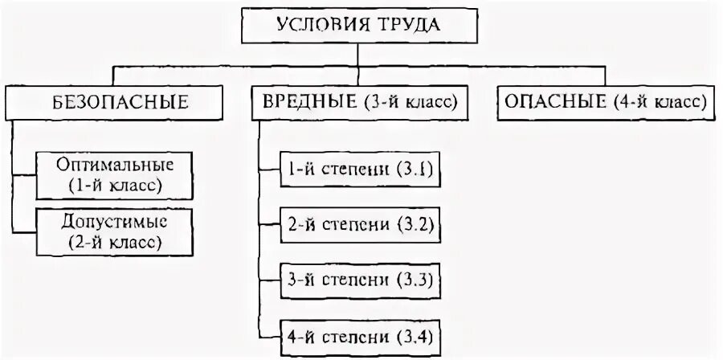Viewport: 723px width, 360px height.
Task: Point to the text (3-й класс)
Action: click(410, 103)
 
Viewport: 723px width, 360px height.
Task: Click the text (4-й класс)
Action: click(659, 103)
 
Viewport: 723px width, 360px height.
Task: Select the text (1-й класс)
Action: click(115, 186)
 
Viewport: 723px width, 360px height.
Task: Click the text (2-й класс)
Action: click(115, 240)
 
